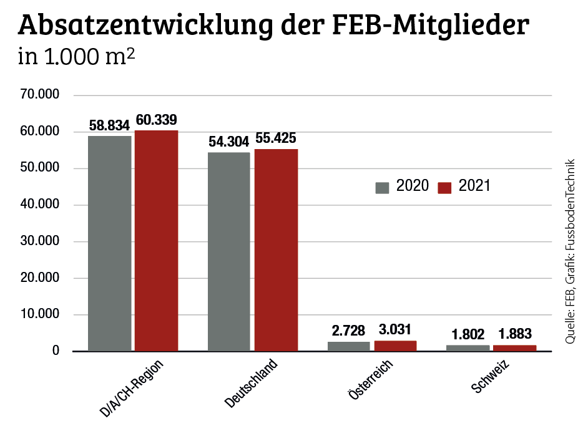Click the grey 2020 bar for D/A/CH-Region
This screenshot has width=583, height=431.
pos(110,243)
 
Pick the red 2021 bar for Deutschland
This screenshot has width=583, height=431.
pos(276,249)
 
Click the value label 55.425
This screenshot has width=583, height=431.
pos(275,138)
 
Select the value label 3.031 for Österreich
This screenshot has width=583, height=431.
pos(395,330)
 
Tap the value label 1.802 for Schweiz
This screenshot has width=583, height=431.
pos(468,334)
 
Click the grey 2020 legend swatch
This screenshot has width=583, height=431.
pos(382,187)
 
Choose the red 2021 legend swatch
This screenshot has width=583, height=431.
pos(444,187)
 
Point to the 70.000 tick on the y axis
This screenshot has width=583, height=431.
pos(39,95)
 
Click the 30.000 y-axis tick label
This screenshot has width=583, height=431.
pos(39,241)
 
